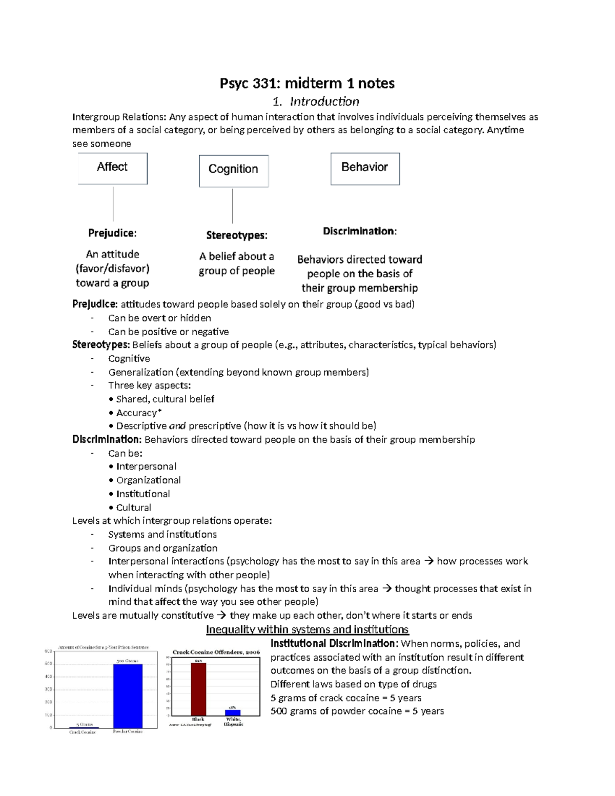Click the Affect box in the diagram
pos(112,168)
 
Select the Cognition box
pos(233,171)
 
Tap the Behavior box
pos(365,168)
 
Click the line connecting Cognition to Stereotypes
pos(233,206)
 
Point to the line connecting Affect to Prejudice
pos(113,203)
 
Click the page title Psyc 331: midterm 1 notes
pos(307,83)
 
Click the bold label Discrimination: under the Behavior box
pos(359,231)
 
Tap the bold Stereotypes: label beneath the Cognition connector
pos(237,235)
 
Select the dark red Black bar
pos(198,689)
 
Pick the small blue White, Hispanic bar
pos(233,712)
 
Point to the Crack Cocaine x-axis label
pos(83,732)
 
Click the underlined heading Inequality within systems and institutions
pos(307,629)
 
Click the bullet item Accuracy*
pos(138,413)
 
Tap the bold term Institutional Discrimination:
pos(334,644)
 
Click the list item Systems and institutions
pos(162,535)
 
